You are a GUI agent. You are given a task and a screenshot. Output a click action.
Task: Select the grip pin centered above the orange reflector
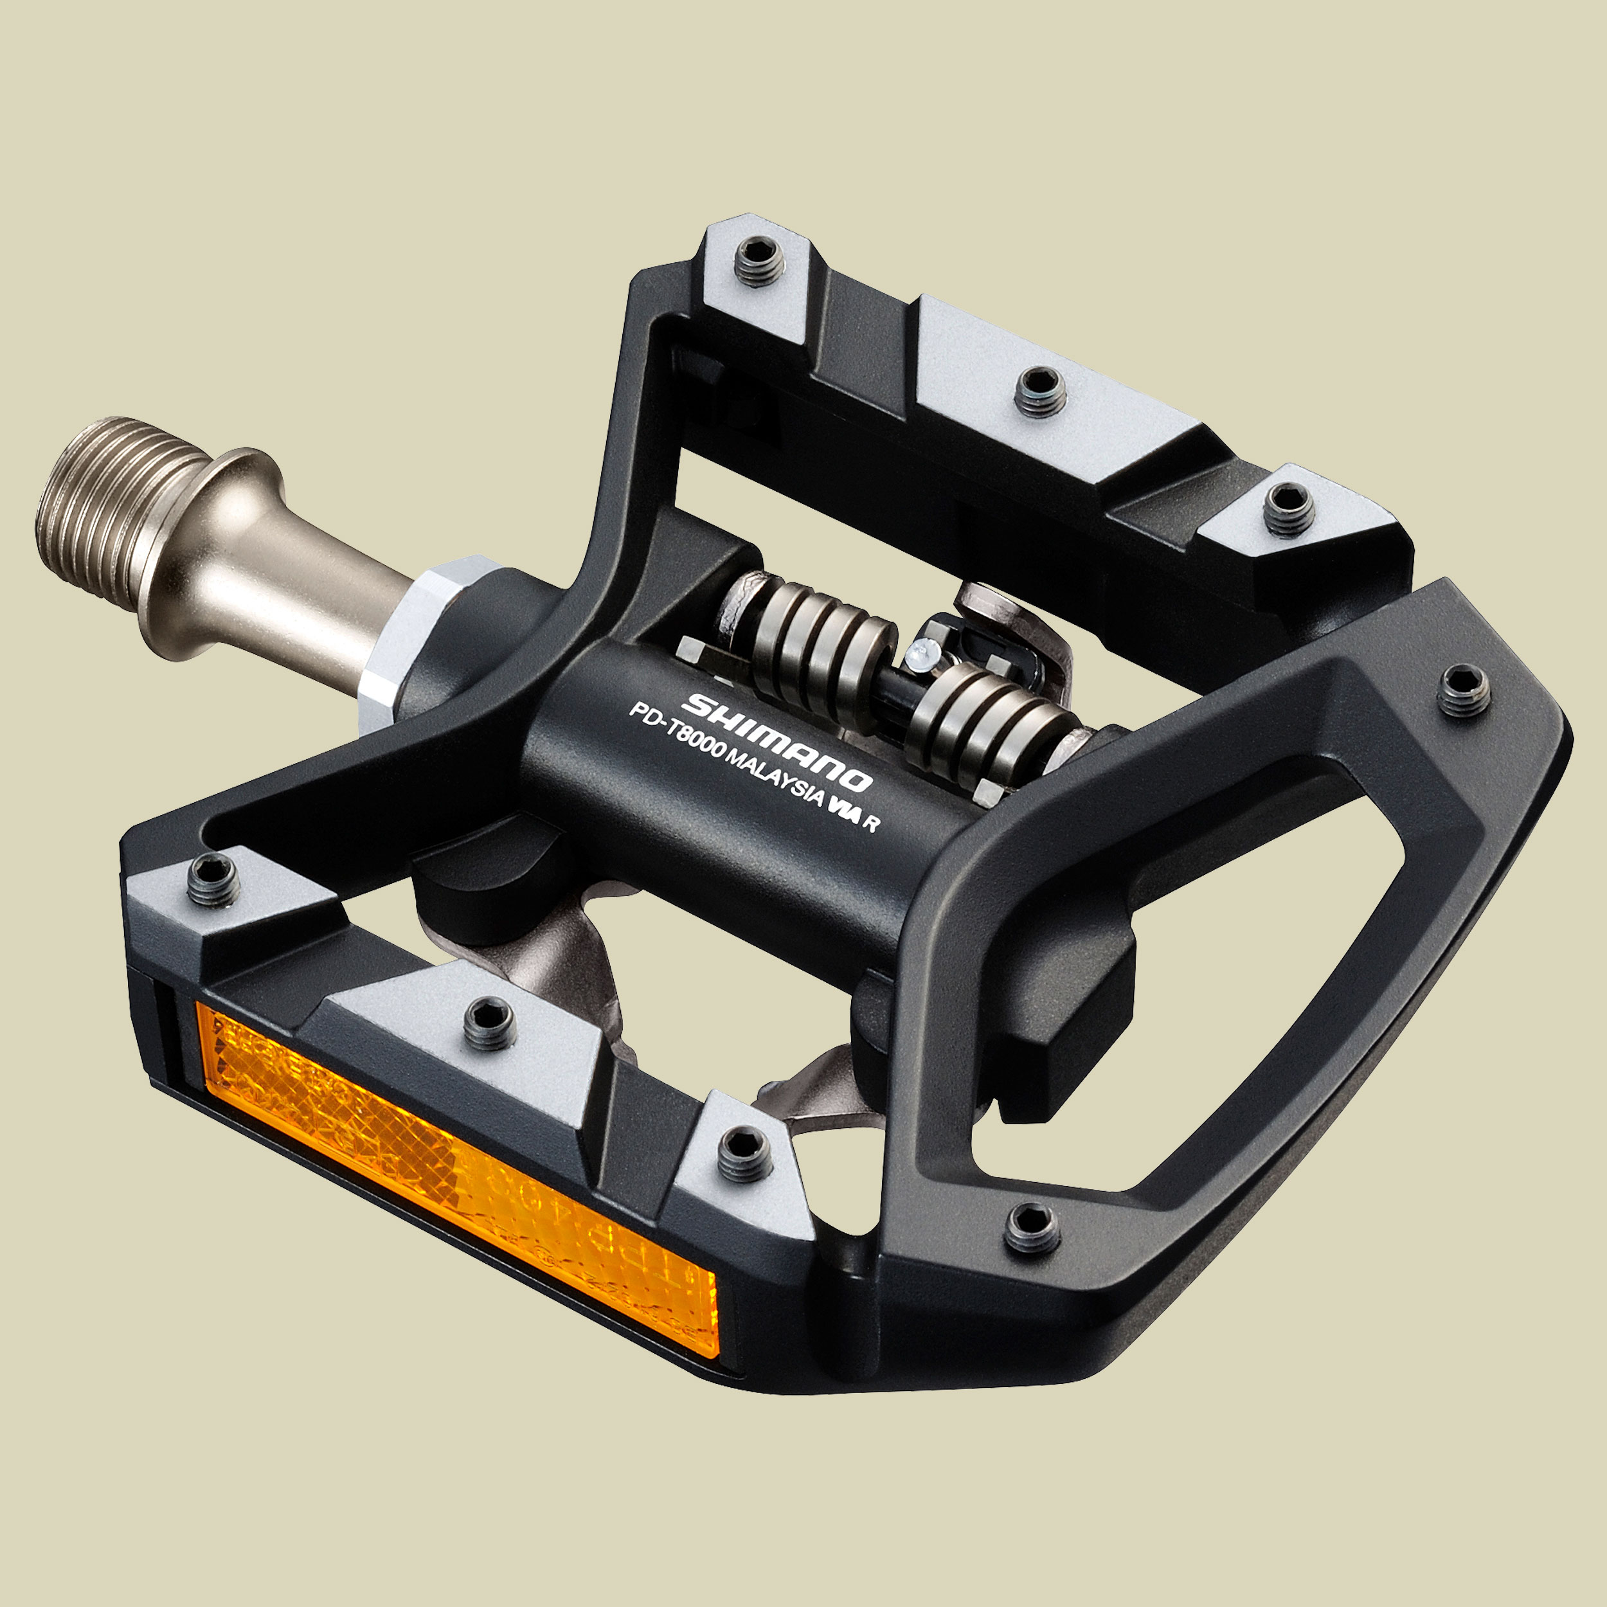490,1023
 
